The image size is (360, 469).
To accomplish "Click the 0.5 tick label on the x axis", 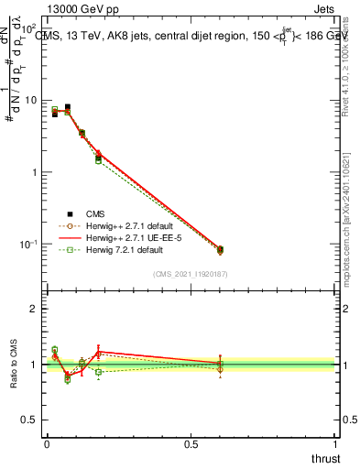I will [191, 445].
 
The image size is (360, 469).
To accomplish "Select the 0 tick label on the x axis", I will [47, 445].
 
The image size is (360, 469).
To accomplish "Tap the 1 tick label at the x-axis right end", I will [336, 445].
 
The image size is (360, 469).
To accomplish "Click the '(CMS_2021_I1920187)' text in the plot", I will [191, 273].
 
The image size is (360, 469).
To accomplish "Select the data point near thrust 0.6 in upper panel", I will [220, 249].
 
